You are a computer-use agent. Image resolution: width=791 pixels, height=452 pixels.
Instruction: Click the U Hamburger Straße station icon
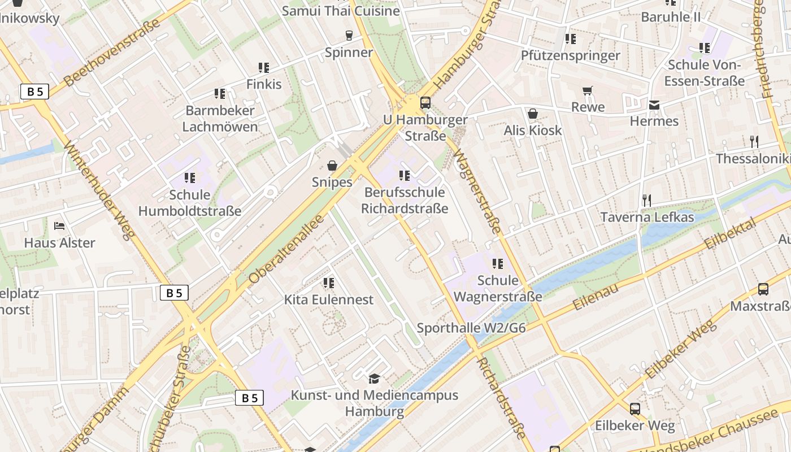[x=425, y=103]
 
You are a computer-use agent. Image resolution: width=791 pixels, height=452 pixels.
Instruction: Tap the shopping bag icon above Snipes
[x=332, y=166]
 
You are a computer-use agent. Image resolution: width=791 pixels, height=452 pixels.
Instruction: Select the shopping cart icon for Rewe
[x=588, y=90]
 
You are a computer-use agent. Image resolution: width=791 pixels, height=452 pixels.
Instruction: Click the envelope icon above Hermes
[x=654, y=105]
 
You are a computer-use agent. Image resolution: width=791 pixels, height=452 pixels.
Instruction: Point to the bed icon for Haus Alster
[x=59, y=226]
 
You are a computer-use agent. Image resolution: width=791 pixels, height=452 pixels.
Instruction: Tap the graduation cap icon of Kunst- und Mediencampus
[x=374, y=378]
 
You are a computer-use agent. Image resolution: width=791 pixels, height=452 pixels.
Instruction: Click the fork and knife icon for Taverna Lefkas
[x=647, y=200]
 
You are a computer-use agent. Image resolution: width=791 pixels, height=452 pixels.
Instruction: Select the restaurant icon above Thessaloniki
[x=754, y=141]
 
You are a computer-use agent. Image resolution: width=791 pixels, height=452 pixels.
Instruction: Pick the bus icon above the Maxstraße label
[x=763, y=289]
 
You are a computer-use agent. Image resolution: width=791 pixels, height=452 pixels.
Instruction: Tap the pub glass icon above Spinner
[x=349, y=36]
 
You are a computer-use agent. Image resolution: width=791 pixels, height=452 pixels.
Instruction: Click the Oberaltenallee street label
[x=287, y=249]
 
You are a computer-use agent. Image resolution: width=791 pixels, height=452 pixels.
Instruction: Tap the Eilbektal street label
[x=731, y=234]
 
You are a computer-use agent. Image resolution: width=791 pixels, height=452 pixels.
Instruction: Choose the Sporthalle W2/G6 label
[x=471, y=328]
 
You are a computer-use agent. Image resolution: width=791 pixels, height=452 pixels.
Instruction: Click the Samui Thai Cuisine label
[x=341, y=11]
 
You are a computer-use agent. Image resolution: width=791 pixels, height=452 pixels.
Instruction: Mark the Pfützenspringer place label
[x=571, y=55]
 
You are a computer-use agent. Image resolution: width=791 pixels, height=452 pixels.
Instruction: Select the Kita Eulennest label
[x=329, y=299]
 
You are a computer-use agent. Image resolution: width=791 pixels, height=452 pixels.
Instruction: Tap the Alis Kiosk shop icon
[x=532, y=114]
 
